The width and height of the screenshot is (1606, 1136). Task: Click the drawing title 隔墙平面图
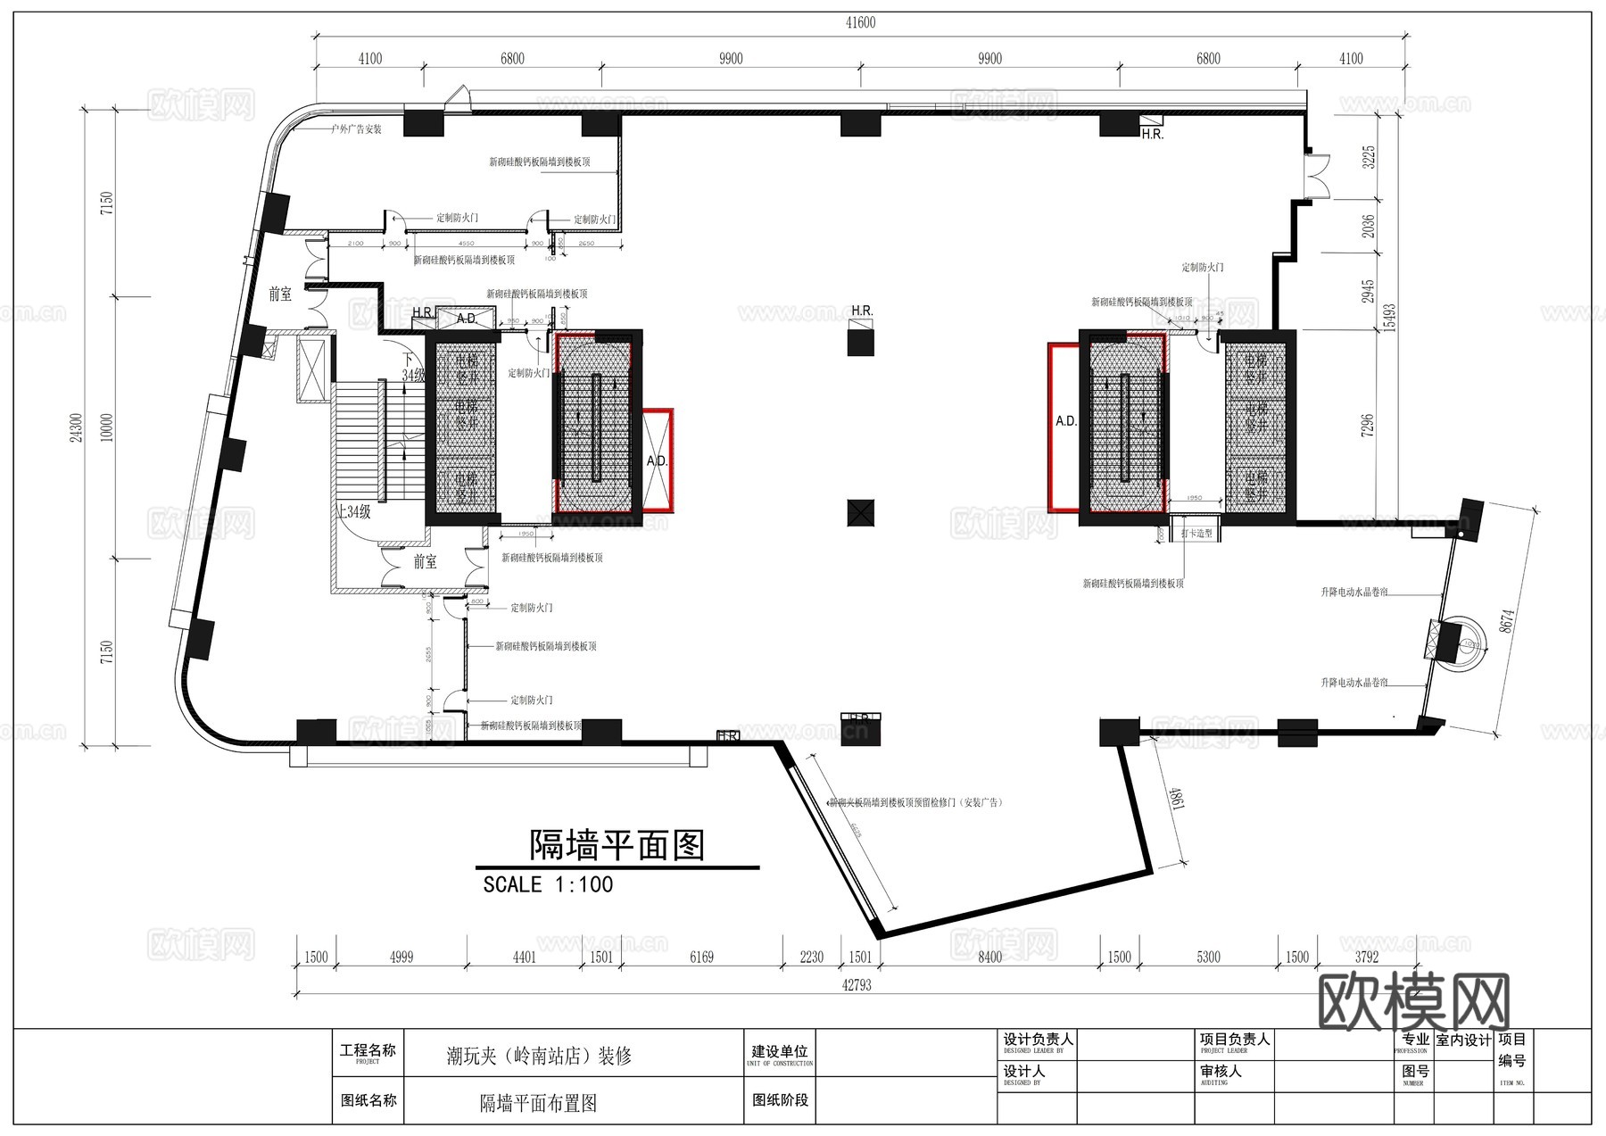coord(617,845)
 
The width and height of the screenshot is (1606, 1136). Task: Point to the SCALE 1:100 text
coord(548,884)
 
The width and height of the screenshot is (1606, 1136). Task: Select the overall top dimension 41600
coord(860,23)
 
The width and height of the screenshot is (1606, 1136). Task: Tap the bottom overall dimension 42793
coord(857,985)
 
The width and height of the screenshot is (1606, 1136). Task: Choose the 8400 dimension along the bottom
coord(990,958)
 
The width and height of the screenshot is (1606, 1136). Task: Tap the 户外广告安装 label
coord(356,129)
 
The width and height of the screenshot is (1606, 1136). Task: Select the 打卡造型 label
coord(1196,533)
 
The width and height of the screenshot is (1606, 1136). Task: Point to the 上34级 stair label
coord(353,512)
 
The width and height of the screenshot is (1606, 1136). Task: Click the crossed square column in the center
coord(861,512)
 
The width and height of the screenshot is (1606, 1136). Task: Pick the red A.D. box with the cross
coord(658,459)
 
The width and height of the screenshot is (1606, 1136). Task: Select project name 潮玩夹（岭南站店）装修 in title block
coord(539,1057)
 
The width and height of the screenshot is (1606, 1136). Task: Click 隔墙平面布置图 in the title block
coord(538,1104)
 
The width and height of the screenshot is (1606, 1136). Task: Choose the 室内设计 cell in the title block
coord(1463,1041)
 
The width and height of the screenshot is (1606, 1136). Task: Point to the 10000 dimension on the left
coord(107,427)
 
